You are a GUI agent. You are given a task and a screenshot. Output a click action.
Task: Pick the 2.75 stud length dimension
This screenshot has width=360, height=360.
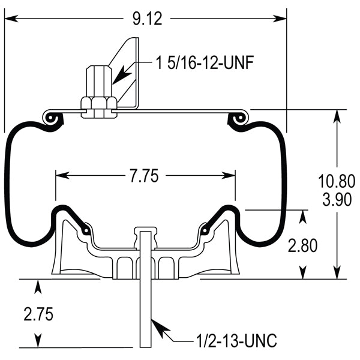pyautogui.click(x=38, y=313)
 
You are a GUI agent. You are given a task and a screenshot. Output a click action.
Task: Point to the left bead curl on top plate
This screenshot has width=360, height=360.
pyautogui.click(x=52, y=119)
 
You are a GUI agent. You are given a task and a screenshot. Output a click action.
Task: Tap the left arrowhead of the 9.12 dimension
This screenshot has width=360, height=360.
pyautogui.click(x=11, y=19)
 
